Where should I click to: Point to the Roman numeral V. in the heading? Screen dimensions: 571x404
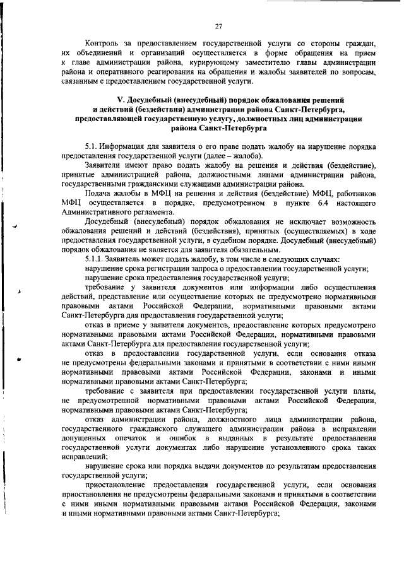[122, 101]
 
